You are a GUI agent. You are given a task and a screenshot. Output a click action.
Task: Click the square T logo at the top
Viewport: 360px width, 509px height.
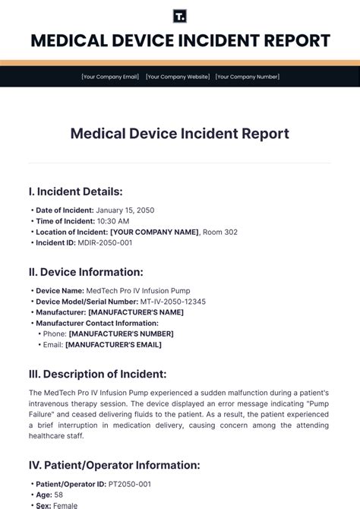pos(180,17)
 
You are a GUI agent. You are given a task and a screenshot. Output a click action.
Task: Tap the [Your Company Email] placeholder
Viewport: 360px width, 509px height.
pos(110,77)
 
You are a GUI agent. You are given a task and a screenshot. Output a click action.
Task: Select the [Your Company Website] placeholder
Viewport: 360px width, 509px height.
pos(177,77)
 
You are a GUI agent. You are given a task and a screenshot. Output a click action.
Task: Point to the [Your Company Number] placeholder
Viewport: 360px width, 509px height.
pos(247,77)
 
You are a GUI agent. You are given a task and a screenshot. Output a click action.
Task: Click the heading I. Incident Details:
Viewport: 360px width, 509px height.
pos(75,191)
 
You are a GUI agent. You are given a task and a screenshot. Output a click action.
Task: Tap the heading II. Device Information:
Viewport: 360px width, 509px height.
pos(85,271)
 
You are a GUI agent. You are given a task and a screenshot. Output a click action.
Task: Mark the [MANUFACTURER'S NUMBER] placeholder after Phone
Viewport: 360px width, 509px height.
pos(121,334)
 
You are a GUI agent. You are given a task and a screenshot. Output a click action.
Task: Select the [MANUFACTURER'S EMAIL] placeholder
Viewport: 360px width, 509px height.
pos(113,344)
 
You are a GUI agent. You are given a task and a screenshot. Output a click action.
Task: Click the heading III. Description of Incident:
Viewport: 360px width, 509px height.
pos(97,374)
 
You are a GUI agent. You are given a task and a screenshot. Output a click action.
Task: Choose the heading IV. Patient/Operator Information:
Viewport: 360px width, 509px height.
pos(114,465)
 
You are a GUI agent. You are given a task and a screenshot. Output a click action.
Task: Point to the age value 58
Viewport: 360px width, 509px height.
pos(59,495)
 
